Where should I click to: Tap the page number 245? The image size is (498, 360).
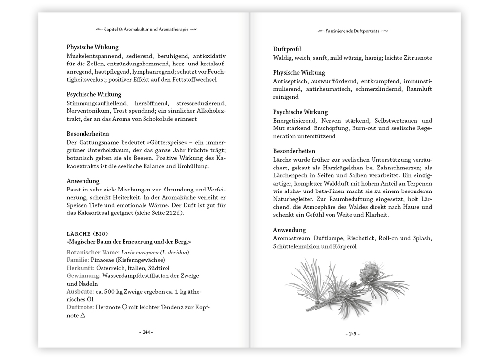point(353,334)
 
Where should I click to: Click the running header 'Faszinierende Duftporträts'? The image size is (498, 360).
point(352,31)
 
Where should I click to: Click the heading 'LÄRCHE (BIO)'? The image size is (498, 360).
point(87,233)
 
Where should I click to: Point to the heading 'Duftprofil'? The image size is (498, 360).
point(287,49)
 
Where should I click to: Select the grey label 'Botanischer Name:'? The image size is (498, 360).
point(89,252)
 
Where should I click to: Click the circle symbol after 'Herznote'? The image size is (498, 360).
point(124,307)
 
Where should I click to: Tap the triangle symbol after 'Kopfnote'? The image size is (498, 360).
point(83,315)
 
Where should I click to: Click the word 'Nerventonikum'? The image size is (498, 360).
point(88,111)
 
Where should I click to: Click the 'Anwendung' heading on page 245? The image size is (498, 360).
point(289,230)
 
